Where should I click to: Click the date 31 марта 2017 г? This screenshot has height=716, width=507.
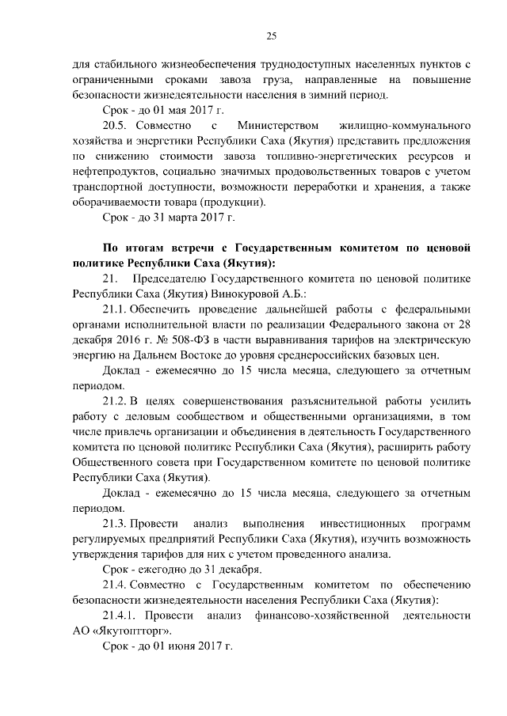pyautogui.click(x=189, y=216)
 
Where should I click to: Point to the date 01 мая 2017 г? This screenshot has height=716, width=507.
pyautogui.click(x=181, y=111)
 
